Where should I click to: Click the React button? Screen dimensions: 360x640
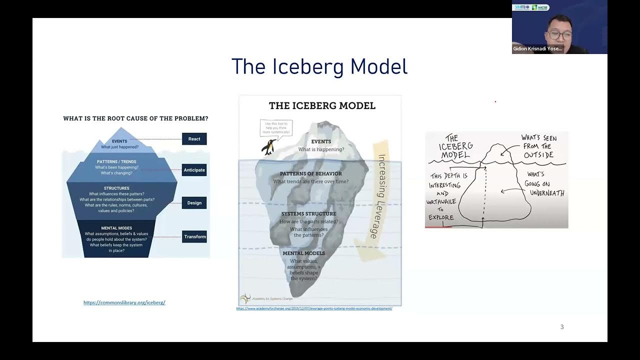click(194, 139)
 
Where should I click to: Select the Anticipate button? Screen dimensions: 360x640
click(194, 170)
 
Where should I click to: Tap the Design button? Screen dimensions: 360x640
click(194, 203)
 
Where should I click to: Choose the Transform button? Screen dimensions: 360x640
click(194, 237)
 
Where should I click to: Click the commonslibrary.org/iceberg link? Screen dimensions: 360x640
click(124, 302)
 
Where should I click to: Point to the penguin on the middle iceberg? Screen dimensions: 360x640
click(268, 147)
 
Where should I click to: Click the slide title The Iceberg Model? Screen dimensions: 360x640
click(319, 66)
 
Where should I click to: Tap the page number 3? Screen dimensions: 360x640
click(561, 327)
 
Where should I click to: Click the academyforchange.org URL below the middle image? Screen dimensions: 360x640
click(314, 308)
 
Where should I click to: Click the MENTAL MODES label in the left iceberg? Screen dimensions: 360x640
click(116, 228)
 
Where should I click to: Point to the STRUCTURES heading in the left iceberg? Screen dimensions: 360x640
click(116, 188)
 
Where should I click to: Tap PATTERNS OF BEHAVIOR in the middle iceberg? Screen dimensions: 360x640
click(311, 174)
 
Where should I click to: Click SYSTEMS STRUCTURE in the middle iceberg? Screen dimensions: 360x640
click(308, 214)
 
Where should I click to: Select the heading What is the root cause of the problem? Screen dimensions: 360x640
click(135, 118)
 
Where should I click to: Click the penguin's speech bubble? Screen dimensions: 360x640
click(276, 127)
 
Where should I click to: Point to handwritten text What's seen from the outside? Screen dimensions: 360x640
click(538, 146)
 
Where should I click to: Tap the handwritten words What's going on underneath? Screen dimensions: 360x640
click(544, 183)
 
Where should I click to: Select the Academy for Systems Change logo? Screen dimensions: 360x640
click(244, 299)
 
